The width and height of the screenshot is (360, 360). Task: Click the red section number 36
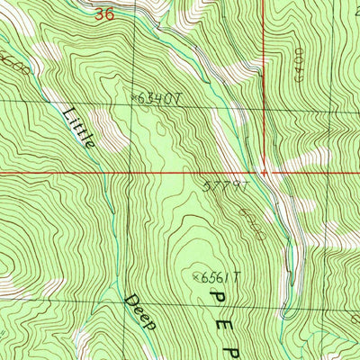click(108, 14)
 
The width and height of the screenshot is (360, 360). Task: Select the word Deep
click(141, 311)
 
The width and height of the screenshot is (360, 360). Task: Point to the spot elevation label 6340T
click(163, 99)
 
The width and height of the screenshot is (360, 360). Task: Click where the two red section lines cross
click(265, 172)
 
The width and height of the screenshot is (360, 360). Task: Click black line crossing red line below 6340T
click(129, 172)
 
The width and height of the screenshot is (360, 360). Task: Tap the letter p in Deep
click(152, 324)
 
